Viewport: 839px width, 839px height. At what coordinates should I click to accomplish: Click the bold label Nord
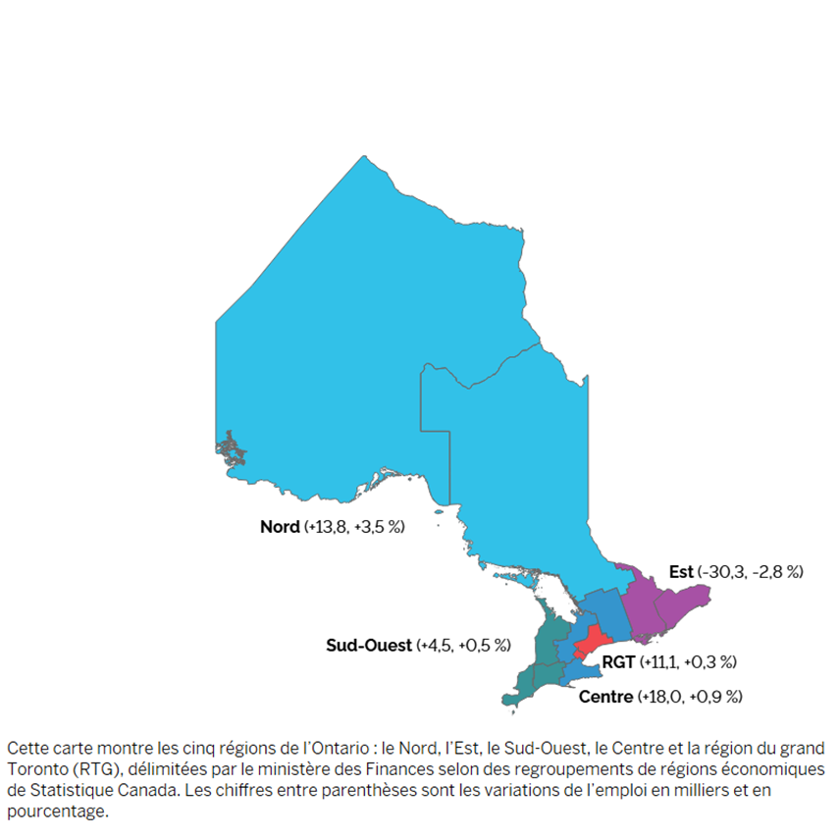(x=280, y=527)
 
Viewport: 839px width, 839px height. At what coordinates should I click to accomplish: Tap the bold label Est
(x=681, y=571)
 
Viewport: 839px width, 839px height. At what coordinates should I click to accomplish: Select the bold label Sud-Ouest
(x=369, y=645)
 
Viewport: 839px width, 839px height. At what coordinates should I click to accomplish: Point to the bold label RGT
(x=618, y=662)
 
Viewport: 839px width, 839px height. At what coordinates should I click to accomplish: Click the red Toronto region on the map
(x=589, y=644)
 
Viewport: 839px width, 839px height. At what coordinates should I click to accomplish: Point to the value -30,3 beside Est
(x=724, y=571)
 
